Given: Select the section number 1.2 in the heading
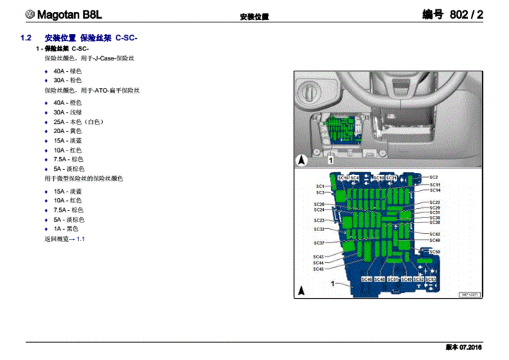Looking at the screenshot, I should [26, 38].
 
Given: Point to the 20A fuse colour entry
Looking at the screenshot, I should [68, 131].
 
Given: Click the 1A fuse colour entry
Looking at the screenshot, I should [66, 229].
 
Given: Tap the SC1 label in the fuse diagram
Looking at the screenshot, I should [320, 186].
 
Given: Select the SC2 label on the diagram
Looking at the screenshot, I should [434, 177].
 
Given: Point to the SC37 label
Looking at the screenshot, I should [319, 243].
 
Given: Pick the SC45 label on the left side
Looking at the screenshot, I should [318, 269].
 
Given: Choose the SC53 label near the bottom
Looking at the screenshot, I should [431, 279].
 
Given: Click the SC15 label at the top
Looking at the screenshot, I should [343, 178].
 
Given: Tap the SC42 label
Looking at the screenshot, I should [435, 234].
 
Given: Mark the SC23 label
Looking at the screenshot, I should [319, 220].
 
